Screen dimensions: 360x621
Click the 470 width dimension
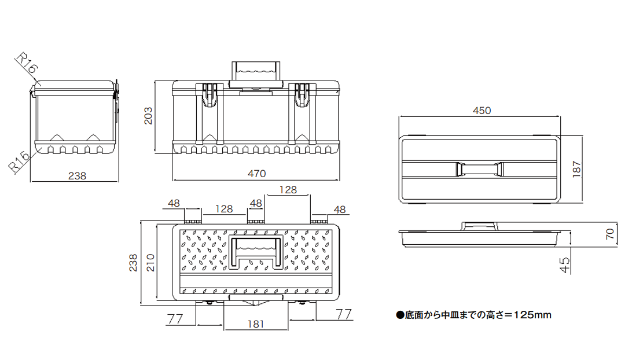[256, 173]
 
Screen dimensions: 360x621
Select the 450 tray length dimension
[481, 111]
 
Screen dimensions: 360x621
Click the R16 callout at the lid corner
[25, 64]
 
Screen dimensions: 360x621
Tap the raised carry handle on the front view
[256, 70]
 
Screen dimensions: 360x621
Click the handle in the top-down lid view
[257, 252]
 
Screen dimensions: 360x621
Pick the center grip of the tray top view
[480, 169]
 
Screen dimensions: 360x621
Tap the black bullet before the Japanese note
[399, 315]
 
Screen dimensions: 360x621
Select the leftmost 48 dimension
[174, 203]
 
